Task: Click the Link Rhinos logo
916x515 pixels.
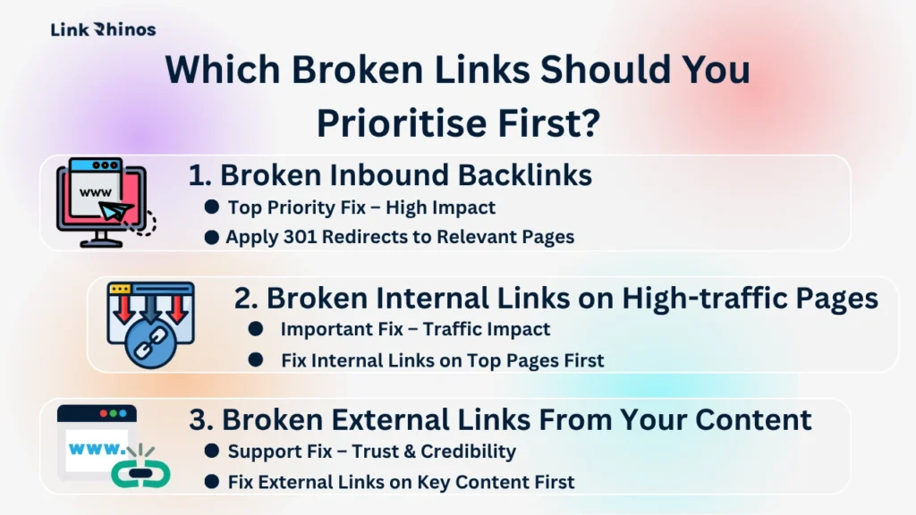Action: point(103,30)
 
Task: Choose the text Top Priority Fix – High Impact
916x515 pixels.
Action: point(361,207)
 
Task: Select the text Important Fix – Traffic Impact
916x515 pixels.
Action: point(415,329)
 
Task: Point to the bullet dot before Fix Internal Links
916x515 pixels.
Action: point(256,360)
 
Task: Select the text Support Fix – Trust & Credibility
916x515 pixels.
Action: point(371,452)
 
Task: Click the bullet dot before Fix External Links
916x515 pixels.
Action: point(211,482)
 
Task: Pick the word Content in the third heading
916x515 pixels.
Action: point(757,419)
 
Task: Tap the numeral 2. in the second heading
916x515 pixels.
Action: point(245,298)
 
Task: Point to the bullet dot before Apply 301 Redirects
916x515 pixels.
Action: point(211,237)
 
